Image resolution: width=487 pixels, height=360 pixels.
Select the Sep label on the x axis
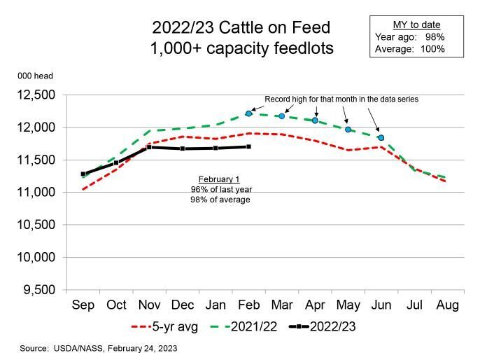83,305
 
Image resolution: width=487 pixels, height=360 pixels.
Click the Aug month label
448,305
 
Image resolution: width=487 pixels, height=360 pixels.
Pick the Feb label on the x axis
248,305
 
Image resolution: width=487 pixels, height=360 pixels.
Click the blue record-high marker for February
248,113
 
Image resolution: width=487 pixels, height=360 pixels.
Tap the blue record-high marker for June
381,138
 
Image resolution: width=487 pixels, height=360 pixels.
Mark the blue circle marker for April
315,120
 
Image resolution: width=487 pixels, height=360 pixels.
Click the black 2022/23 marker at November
149,147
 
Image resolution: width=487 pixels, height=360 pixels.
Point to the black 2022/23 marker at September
83,174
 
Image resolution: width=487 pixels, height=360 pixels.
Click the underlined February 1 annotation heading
220,179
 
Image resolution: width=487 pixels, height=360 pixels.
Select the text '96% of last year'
220,190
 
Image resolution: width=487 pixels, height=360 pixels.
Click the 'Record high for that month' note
341,99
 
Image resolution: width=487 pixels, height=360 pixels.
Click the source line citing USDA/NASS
98,348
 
